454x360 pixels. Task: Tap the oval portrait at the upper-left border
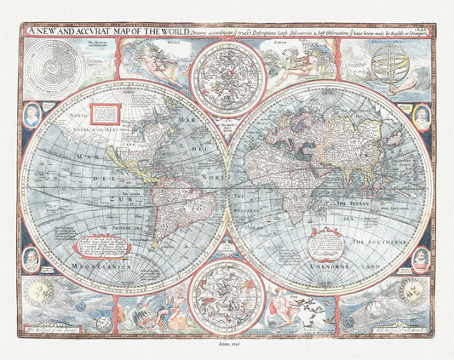[x=32, y=112]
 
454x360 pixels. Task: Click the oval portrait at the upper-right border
[x=420, y=111]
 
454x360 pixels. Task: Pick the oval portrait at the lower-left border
[x=32, y=259]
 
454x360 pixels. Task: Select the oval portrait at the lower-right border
[x=420, y=259]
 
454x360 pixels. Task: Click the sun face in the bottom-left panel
[x=40, y=293]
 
